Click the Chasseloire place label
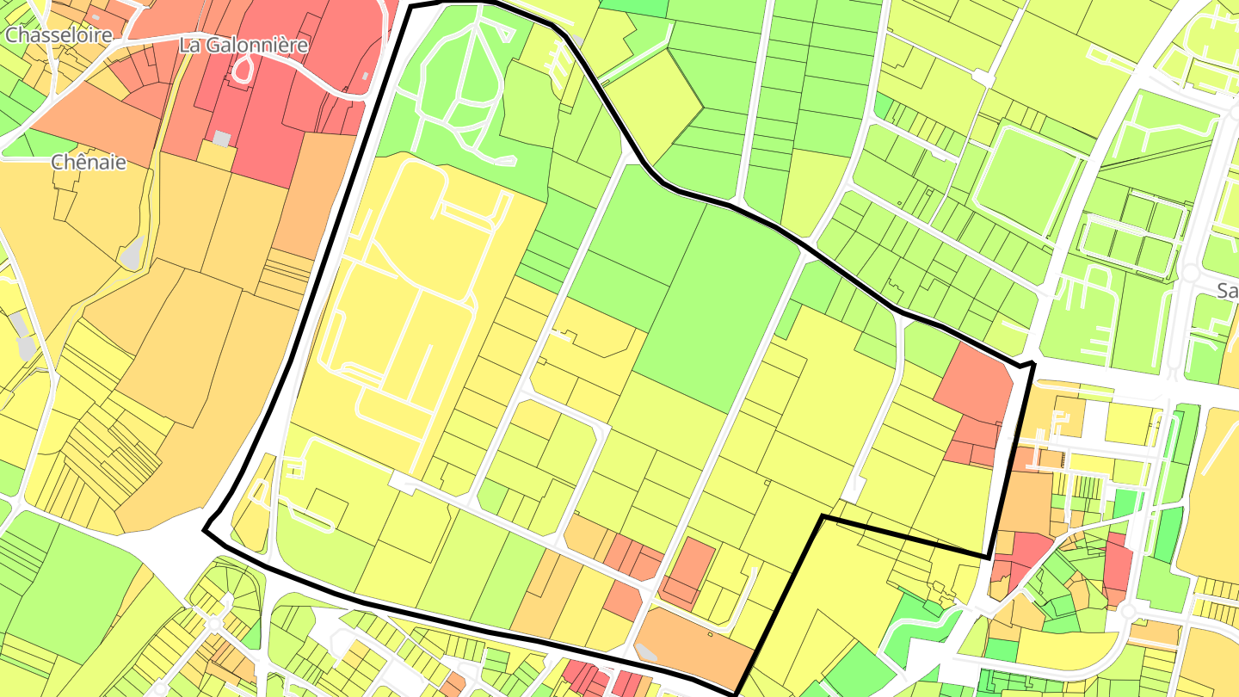coord(59,35)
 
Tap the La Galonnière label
coord(243,45)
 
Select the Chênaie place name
coord(89,162)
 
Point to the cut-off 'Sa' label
coord(1228,291)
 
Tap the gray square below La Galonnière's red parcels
coord(222,139)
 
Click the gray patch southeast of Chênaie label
coord(131,253)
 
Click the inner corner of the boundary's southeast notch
coord(823,516)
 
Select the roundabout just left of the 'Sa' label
coord(1191,273)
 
